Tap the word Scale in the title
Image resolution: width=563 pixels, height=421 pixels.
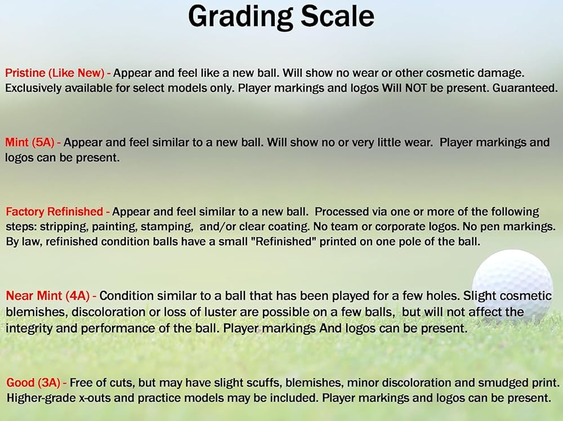[337, 16]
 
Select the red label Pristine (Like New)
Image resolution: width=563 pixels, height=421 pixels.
[55, 73]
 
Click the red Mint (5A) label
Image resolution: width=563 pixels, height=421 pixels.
[29, 143]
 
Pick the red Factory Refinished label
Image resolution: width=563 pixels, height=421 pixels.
[54, 211]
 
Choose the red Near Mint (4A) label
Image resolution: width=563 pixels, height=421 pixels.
[47, 296]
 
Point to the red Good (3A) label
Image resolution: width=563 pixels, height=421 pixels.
[33, 383]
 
